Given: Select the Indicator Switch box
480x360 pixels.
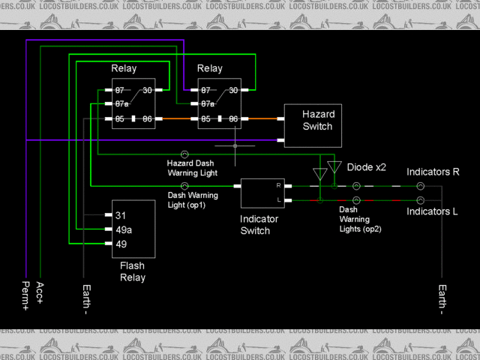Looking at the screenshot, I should [x=262, y=193].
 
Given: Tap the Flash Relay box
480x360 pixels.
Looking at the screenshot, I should [x=133, y=229].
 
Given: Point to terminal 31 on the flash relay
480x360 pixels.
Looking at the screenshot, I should [x=121, y=215].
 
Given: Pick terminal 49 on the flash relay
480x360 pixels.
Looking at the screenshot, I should [x=121, y=244].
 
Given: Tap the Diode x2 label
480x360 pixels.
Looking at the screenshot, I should [x=366, y=167].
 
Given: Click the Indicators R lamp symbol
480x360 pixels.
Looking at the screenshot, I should [x=421, y=185].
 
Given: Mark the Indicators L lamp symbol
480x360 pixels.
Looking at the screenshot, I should [x=421, y=200].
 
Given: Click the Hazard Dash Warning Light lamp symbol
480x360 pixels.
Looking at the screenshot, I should [x=184, y=154].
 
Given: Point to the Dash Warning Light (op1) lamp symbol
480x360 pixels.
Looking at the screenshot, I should [x=184, y=185].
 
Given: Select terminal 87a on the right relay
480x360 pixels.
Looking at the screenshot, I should [x=206, y=104].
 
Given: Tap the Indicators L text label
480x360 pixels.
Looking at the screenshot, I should [x=432, y=212].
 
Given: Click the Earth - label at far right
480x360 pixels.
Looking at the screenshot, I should [x=442, y=299].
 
